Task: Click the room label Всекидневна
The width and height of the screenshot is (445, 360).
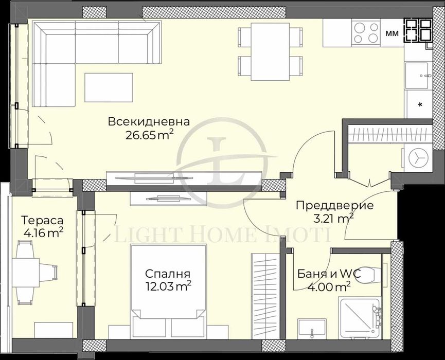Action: [149, 122]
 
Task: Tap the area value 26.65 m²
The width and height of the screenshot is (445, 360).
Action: [149, 135]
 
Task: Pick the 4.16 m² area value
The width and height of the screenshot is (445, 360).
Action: [43, 233]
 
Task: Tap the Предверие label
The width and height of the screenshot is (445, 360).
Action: [334, 206]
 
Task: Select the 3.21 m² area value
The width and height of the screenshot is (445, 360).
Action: [333, 218]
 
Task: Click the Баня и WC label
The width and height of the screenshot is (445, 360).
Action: [328, 274]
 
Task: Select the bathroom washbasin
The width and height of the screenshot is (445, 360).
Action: [311, 327]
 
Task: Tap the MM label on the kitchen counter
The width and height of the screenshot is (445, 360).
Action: [390, 33]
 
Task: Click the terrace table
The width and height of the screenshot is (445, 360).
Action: [24, 273]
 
